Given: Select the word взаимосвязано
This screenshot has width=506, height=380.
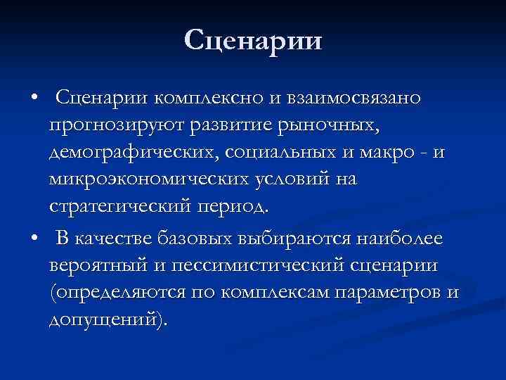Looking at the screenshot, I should [x=356, y=98].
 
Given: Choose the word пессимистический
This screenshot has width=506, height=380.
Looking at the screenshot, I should [x=251, y=267].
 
